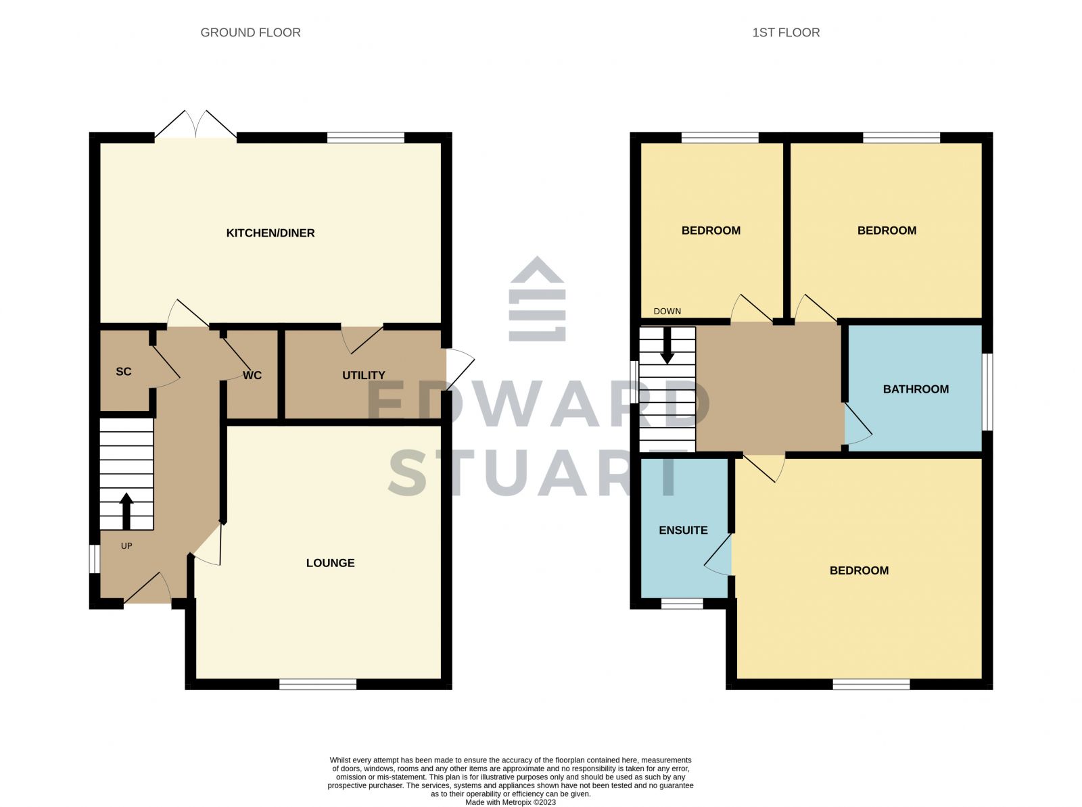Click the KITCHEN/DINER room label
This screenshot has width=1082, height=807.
270,233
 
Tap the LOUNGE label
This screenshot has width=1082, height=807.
330,563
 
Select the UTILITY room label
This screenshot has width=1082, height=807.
363,375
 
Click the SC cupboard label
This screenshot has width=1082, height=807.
124,371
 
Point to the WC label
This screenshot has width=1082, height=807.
252,375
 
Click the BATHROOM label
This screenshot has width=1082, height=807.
916,389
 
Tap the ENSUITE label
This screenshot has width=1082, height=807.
683,531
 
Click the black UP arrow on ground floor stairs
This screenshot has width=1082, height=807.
126,511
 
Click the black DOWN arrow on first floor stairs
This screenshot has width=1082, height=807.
667,345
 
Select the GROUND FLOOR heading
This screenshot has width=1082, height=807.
250,32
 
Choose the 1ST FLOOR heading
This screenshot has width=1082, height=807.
786,32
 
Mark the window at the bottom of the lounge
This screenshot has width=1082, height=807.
318,685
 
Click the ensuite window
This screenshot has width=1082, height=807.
682,604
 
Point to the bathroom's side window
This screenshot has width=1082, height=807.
987,391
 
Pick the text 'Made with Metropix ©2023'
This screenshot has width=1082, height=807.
511,802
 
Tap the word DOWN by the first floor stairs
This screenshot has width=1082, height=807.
667,311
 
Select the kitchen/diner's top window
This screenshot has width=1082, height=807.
365,138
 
